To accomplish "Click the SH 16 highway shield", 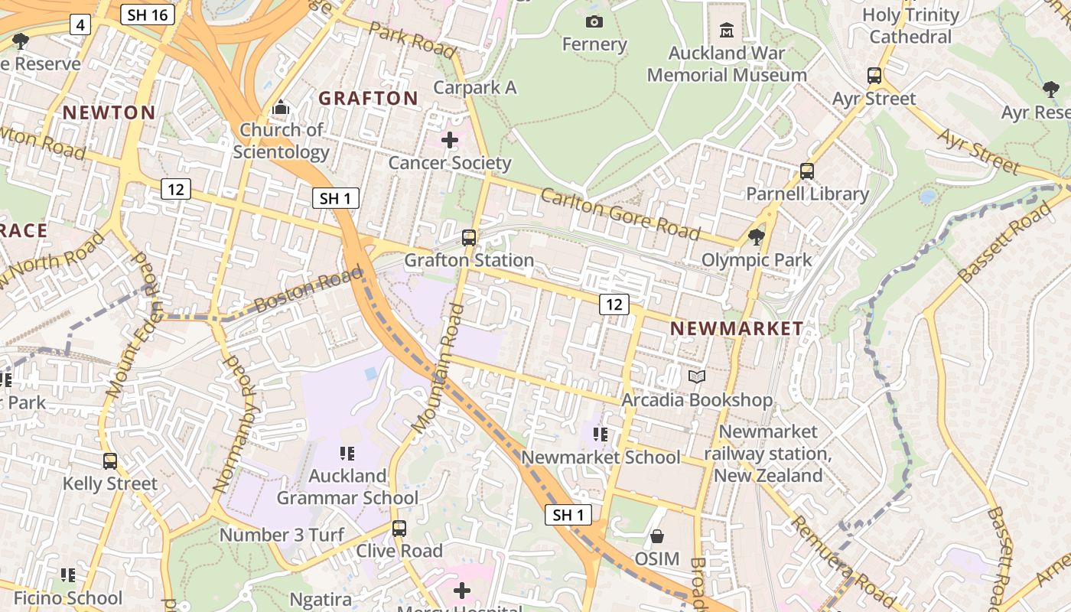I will point(147,14).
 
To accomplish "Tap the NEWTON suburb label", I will point(109,112).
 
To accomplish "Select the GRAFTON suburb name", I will point(368,98).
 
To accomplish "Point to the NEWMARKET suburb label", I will point(737,328).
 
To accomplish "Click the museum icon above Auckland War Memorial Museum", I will point(727,30).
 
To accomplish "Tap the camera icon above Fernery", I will point(594,21).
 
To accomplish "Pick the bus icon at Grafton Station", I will point(469,238).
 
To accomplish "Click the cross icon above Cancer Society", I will point(450,140).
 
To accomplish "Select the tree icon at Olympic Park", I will point(757,237).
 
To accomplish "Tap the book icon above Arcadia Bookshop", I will point(697,376).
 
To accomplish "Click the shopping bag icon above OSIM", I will point(656,536).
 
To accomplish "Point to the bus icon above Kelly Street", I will point(110,461).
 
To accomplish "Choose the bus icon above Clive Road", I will point(399,528).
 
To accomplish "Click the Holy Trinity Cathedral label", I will point(910,25).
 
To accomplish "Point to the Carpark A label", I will point(475,87).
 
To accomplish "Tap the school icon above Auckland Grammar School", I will point(347,454).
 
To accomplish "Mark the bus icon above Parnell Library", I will point(806,171).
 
